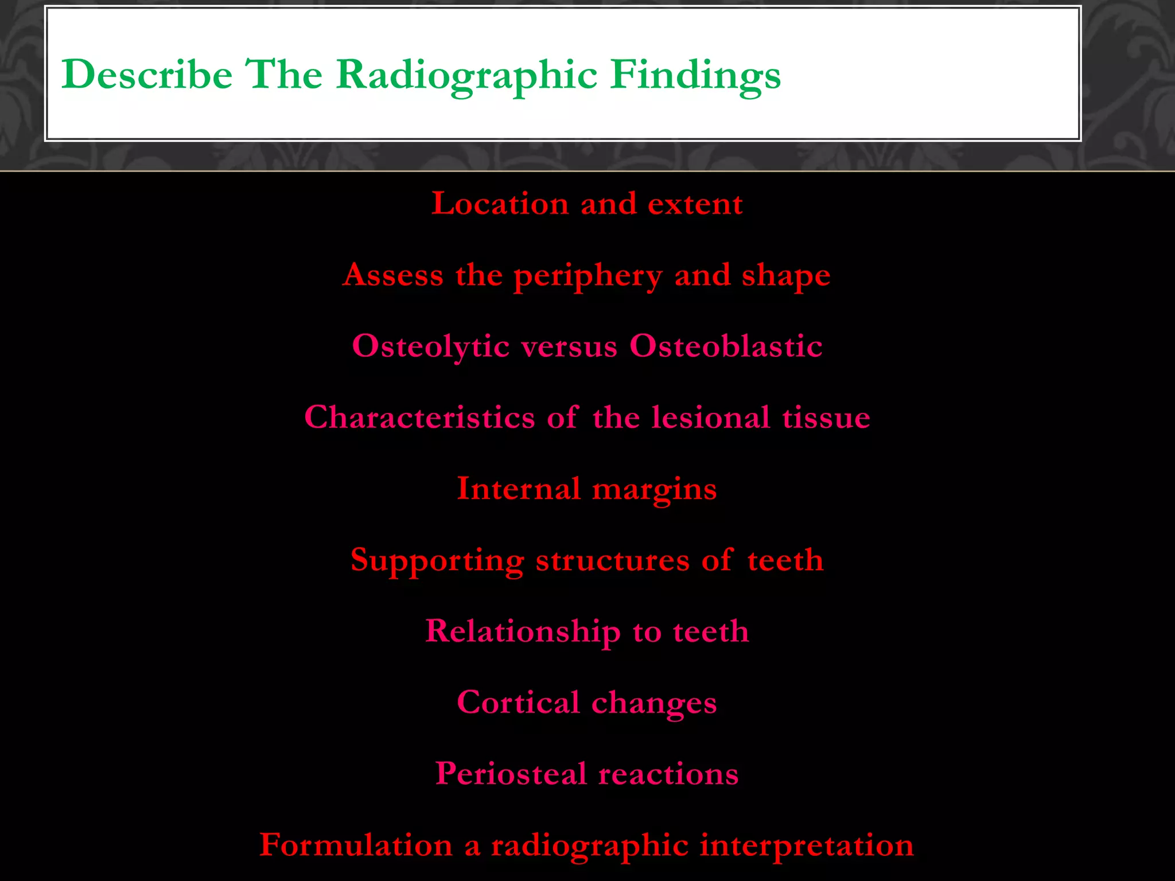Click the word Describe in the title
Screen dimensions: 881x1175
(147, 75)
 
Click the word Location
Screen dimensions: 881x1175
(500, 204)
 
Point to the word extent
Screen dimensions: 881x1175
(695, 204)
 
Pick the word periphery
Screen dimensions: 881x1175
(588, 276)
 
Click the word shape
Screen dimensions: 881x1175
(786, 276)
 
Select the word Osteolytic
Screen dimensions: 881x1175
(431, 346)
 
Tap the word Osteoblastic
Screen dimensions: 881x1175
(726, 346)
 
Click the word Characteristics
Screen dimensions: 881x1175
(419, 417)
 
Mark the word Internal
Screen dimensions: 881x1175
(518, 489)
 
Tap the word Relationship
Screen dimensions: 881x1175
(523, 632)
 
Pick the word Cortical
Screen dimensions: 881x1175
(518, 702)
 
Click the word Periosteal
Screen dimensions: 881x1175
(511, 773)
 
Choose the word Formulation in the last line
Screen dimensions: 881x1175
(356, 845)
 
